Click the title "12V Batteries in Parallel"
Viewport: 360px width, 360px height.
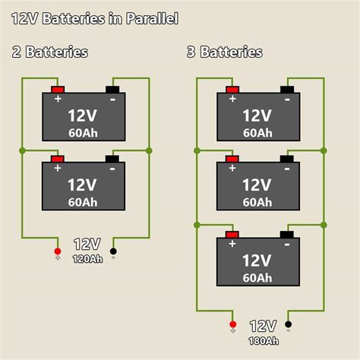pyautogui.click(x=94, y=18)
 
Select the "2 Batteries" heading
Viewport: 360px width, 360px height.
pyautogui.click(x=49, y=52)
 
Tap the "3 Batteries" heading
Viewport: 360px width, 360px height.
pyautogui.click(x=224, y=52)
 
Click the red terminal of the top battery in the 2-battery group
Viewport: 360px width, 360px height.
pyautogui.click(x=58, y=90)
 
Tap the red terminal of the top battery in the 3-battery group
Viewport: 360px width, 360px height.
pyautogui.click(x=232, y=90)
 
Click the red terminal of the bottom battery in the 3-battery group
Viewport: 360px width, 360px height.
pyautogui.click(x=232, y=235)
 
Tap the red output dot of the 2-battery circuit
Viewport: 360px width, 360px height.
pyautogui.click(x=57, y=251)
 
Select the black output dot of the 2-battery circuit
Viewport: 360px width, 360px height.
pyautogui.click(x=113, y=251)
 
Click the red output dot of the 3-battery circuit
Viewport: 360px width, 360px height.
pyautogui.click(x=232, y=325)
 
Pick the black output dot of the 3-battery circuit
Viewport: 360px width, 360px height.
pyautogui.click(x=288, y=325)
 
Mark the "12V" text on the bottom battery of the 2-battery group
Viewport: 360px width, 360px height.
pyautogui.click(x=81, y=185)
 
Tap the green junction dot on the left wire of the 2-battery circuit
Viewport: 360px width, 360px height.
pyautogui.click(x=23, y=150)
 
